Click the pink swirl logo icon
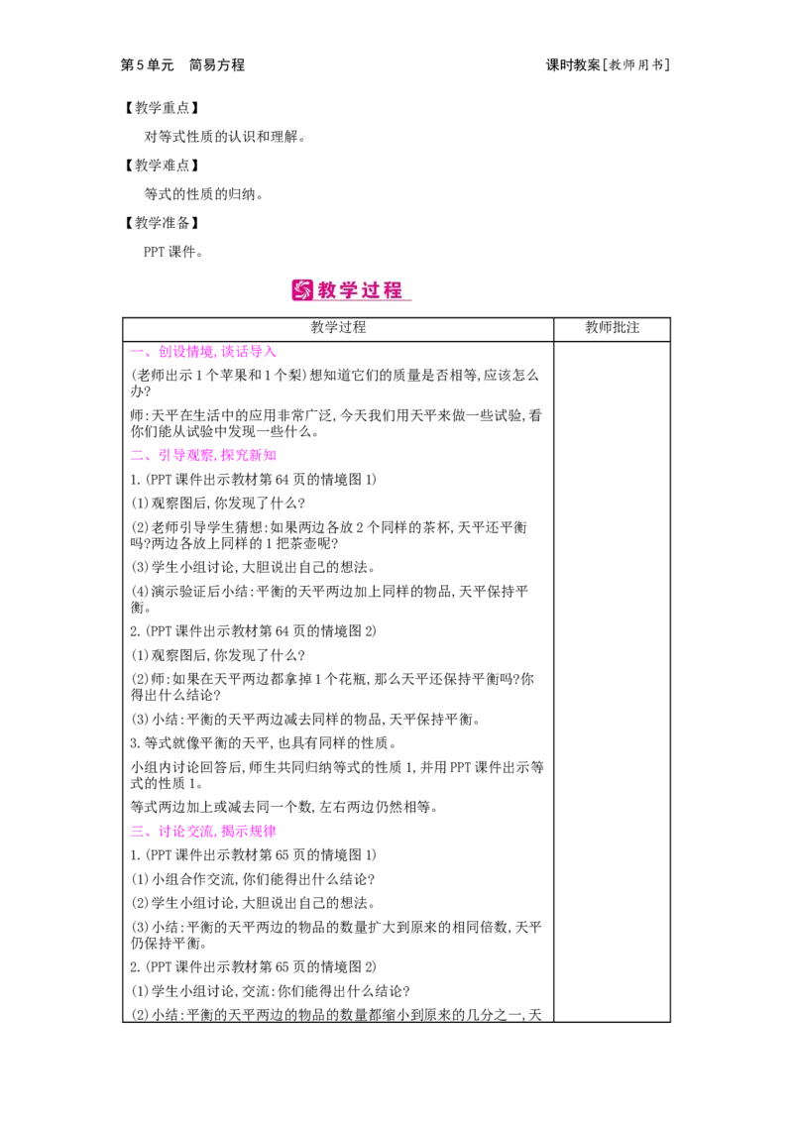pyautogui.click(x=302, y=290)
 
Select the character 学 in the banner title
pyautogui.click(x=351, y=290)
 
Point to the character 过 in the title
pyautogui.click(x=373, y=290)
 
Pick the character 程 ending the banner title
pyautogui.click(x=394, y=290)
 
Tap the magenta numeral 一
pyautogui.click(x=136, y=351)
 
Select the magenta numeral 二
pyautogui.click(x=136, y=455)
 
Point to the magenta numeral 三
pyautogui.click(x=136, y=832)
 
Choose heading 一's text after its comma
pyautogui.click(x=248, y=352)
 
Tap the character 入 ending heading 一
pyautogui.click(x=270, y=352)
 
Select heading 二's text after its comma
pyautogui.click(x=249, y=456)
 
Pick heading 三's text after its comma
pyautogui.click(x=249, y=832)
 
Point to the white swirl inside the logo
pyautogui.click(x=302, y=290)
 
